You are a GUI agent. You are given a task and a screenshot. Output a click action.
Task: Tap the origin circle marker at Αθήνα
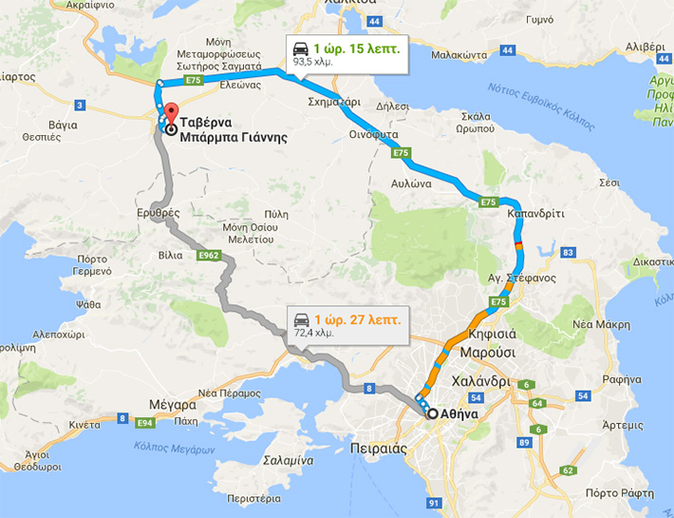(x=433, y=414)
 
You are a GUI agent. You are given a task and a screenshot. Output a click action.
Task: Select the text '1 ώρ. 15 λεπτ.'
(x=357, y=48)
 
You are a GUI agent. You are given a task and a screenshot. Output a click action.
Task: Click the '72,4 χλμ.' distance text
(x=315, y=334)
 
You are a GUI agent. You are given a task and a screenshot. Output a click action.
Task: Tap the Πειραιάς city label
(x=403, y=447)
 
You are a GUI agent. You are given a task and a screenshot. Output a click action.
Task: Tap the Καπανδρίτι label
(x=536, y=214)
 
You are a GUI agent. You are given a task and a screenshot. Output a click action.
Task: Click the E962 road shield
(x=211, y=256)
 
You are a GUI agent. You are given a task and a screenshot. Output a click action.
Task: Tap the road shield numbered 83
(x=569, y=252)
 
